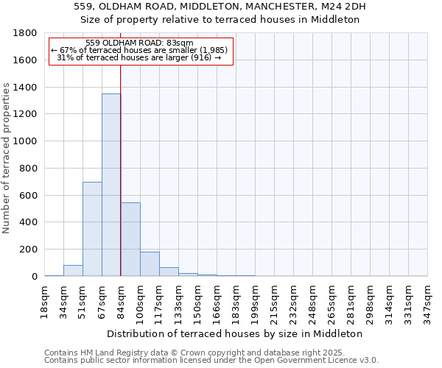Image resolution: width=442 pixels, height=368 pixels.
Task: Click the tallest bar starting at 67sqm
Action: click(x=111, y=185)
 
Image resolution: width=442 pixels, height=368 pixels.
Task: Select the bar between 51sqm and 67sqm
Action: click(x=92, y=229)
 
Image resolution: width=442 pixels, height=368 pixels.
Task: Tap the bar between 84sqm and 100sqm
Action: click(x=130, y=239)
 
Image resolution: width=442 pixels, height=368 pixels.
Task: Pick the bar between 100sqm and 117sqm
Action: click(x=150, y=263)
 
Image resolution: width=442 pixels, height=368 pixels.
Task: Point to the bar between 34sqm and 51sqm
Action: click(x=73, y=270)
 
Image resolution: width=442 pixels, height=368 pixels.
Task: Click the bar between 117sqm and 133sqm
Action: click(x=169, y=272)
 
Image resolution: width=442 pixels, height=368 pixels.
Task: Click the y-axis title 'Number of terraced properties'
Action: click(x=7, y=158)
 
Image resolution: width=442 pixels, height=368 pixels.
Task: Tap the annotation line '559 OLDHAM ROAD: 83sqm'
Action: click(x=139, y=43)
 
